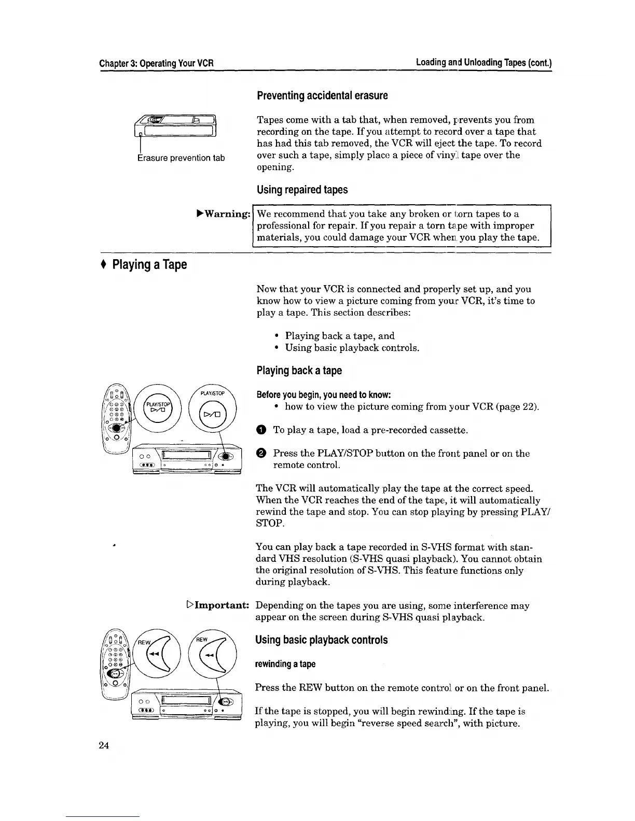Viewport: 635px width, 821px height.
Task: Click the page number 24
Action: pyautogui.click(x=104, y=745)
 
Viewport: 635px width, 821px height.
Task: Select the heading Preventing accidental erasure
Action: pyautogui.click(x=322, y=96)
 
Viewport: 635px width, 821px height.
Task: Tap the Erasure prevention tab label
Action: pyautogui.click(x=181, y=158)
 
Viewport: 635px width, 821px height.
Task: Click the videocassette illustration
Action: pyautogui.click(x=176, y=126)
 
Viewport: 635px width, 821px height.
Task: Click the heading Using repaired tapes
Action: pyautogui.click(x=302, y=190)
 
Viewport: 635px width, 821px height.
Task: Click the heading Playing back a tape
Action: pyautogui.click(x=299, y=371)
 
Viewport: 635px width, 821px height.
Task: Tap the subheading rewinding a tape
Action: pyautogui.click(x=285, y=664)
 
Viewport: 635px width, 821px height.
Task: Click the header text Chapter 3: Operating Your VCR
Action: pyautogui.click(x=157, y=64)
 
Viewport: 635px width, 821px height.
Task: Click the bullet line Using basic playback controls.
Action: pyautogui.click(x=352, y=348)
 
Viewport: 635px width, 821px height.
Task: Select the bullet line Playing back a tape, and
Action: pyautogui.click(x=339, y=336)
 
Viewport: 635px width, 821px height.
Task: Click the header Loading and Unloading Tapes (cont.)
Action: pyautogui.click(x=484, y=63)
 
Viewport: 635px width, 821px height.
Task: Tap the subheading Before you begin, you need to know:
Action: pyautogui.click(x=323, y=395)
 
